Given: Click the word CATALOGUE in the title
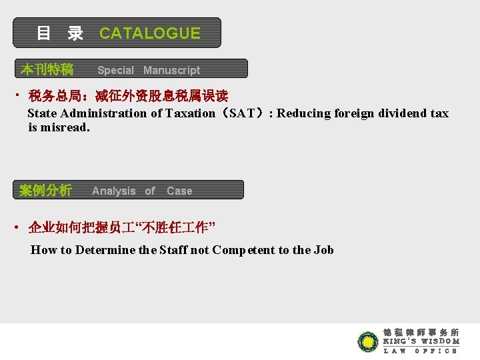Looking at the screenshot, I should click(149, 33).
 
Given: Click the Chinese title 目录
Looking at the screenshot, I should click(60, 33).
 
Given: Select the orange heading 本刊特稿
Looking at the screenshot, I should click(47, 69).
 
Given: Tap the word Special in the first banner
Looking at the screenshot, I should click(115, 70).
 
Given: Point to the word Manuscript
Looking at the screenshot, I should click(171, 70).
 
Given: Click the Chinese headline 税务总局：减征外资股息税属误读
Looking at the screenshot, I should click(128, 97).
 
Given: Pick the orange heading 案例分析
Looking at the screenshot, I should click(45, 191).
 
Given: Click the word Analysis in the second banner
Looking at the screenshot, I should click(113, 191).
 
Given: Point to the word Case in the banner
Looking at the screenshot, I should click(179, 191).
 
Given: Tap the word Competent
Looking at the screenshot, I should click(243, 250).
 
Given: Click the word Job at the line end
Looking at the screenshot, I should click(324, 250).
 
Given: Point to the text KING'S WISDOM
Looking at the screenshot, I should click(421, 341).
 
